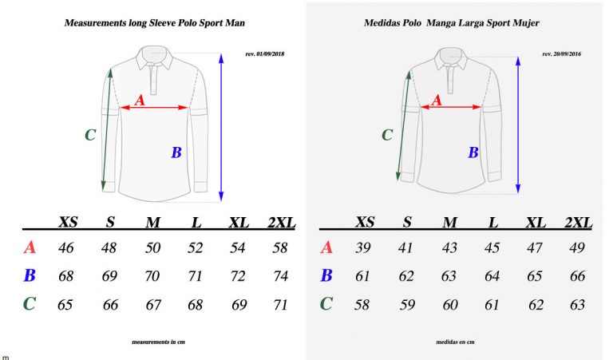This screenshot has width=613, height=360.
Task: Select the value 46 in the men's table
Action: (x=66, y=248)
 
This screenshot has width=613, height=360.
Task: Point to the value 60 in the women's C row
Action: (x=450, y=305)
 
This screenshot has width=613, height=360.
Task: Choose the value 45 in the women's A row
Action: (x=493, y=248)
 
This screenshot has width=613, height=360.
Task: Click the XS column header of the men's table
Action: (x=68, y=222)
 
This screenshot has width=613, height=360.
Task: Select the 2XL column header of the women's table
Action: (x=578, y=222)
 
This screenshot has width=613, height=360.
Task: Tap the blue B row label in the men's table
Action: (x=30, y=277)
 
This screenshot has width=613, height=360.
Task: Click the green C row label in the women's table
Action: (x=326, y=304)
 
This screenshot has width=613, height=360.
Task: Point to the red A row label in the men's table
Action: (x=30, y=248)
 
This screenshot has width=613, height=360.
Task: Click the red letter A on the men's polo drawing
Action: (x=139, y=100)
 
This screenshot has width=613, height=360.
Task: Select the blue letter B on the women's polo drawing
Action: (x=473, y=152)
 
